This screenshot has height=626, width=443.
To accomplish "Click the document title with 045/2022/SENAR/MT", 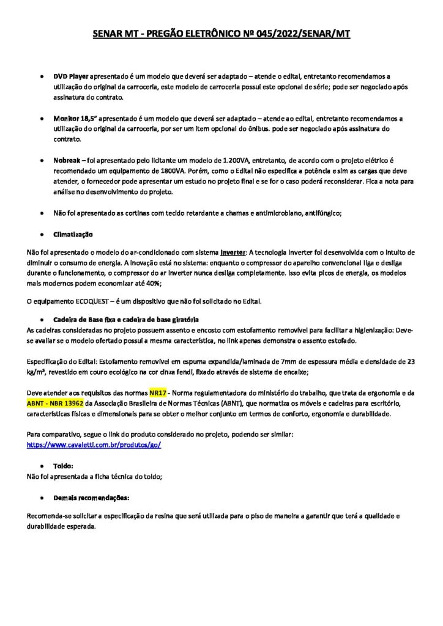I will click(x=221, y=35).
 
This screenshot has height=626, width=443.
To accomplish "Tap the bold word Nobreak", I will click(x=68, y=158).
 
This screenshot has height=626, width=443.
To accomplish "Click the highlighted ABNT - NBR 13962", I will click(x=55, y=404).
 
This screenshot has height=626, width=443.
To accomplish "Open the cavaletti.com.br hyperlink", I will click(x=94, y=445).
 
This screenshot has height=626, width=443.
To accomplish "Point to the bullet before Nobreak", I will click(x=40, y=159).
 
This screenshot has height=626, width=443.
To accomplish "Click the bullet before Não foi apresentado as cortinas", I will click(x=40, y=214).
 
